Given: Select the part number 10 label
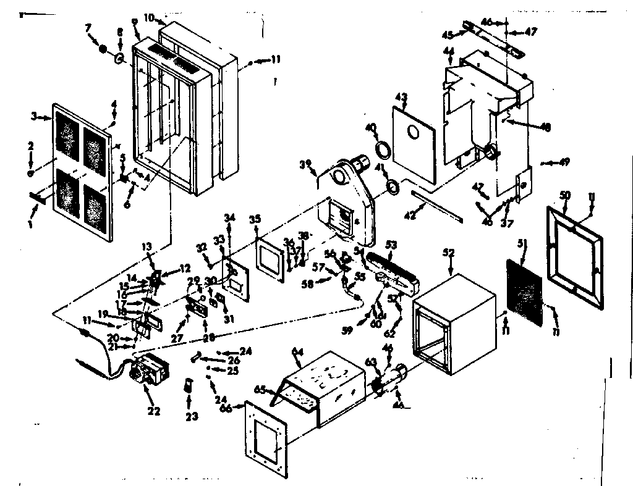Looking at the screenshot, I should [x=149, y=17].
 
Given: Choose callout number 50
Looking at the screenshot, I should [x=564, y=195].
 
